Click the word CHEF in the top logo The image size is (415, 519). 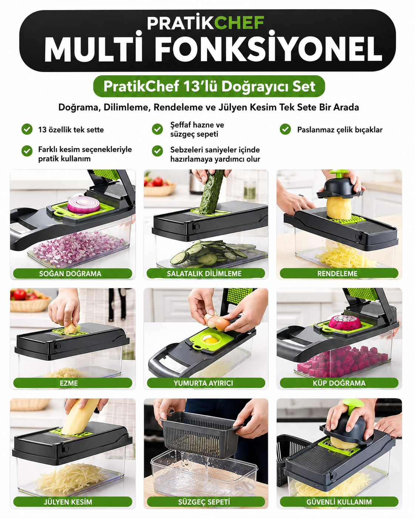click(x=239, y=23)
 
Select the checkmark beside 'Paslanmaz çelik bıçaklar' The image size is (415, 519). click(x=285, y=129)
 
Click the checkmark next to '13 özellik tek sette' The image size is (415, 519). click(x=27, y=129)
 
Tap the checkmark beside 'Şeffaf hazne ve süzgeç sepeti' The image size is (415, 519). click(x=157, y=129)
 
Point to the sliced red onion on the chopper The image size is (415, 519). click(x=84, y=204)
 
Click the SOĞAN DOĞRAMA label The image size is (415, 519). click(x=70, y=274)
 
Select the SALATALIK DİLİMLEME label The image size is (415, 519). click(x=204, y=274)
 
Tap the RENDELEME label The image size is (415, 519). click(x=337, y=274)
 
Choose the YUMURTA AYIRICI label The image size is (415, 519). click(x=203, y=383)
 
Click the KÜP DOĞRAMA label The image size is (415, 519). click(x=339, y=383)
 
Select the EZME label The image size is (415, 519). click(x=69, y=383)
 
